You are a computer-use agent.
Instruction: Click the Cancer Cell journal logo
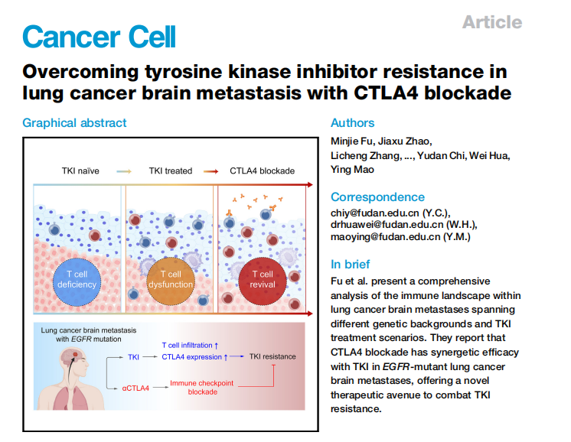[99, 37]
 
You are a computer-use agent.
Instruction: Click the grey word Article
[492, 22]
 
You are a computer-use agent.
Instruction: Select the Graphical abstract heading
[74, 123]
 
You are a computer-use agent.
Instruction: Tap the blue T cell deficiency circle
[77, 281]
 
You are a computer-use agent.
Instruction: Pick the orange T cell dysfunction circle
[171, 281]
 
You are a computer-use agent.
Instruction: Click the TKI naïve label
[80, 171]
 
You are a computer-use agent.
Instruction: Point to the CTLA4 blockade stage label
[263, 171]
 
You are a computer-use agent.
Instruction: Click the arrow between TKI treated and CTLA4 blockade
[210, 171]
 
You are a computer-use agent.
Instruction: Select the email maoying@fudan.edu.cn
[385, 237]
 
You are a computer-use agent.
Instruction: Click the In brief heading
[350, 264]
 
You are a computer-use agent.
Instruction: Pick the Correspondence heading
[377, 197]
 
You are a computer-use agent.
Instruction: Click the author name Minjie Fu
[352, 141]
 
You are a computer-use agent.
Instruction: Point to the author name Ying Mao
[352, 170]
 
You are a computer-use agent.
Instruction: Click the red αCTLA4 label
[135, 388]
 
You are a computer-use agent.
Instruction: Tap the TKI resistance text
[272, 356]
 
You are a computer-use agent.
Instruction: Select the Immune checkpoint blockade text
[202, 388]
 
